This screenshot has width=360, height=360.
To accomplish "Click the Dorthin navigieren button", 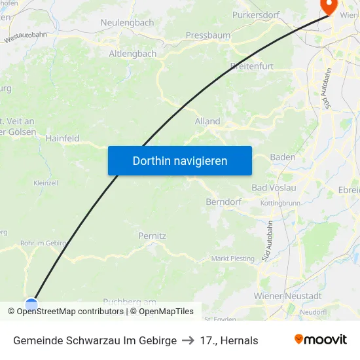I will click(x=180, y=160).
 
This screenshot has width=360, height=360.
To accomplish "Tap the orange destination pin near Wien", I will click(x=327, y=6).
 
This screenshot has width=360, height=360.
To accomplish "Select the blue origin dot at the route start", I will click(x=31, y=304).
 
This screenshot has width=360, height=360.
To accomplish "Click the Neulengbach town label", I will click(x=127, y=22).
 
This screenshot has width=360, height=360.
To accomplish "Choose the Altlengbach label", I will click(x=133, y=54).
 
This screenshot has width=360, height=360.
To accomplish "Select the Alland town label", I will click(x=207, y=121).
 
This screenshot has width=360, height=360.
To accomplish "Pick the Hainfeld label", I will click(x=63, y=138).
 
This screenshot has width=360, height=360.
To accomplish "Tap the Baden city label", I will click(x=283, y=157).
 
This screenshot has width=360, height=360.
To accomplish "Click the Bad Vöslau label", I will click(x=274, y=188).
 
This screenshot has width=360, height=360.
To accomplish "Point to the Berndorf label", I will click(x=225, y=202).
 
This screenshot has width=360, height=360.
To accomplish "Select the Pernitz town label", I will click(x=153, y=235).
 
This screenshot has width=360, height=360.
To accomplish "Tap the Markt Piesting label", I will click(x=233, y=259).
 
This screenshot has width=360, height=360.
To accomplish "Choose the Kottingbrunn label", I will click(x=280, y=204).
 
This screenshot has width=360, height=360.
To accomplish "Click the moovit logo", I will click(x=321, y=340).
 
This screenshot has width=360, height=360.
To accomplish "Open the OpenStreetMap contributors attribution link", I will click(x=69, y=312).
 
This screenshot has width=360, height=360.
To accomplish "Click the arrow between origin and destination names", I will click(x=189, y=340).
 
